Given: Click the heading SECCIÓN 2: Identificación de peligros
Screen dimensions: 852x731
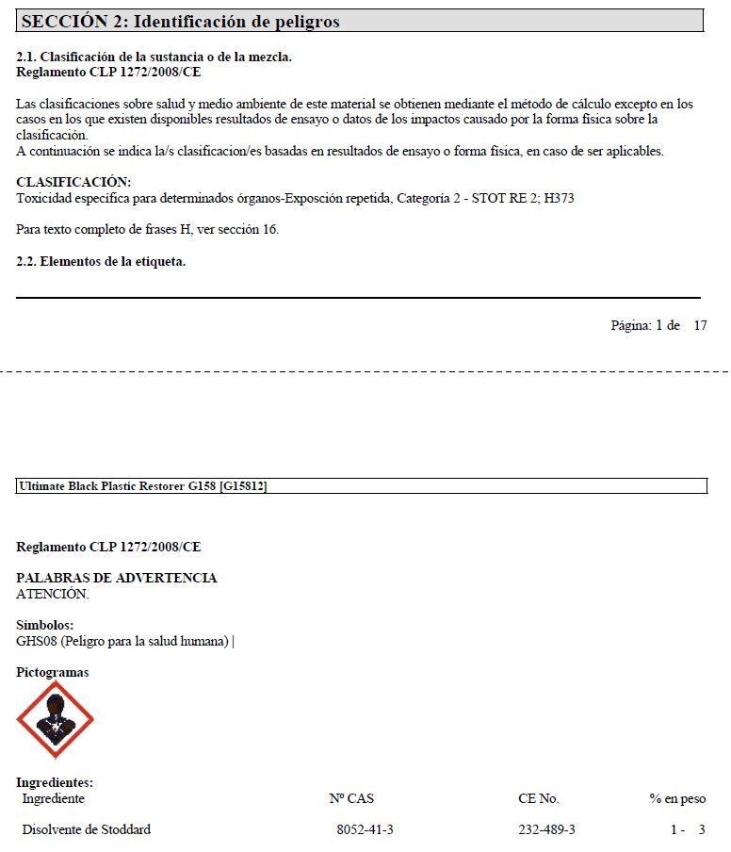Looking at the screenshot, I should click(x=180, y=21).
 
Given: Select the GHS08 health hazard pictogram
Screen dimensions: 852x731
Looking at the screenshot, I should click(x=55, y=720).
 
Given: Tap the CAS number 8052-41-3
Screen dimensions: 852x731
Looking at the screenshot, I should click(x=365, y=829).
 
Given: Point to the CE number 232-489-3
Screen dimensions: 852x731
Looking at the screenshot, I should click(x=546, y=829).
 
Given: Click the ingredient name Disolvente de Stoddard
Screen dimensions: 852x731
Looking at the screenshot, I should click(x=87, y=829).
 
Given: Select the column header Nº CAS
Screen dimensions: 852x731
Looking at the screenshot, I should click(x=351, y=798).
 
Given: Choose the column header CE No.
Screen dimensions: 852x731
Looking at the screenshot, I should click(x=538, y=798).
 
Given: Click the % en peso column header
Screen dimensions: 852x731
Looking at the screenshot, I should click(x=676, y=798).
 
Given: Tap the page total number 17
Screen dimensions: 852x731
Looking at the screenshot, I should click(x=700, y=325).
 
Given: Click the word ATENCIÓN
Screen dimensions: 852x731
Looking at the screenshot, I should click(x=53, y=594).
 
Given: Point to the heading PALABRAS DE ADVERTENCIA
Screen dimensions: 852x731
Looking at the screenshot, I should click(x=117, y=578).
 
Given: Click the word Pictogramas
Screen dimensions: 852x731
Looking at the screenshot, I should click(x=53, y=672).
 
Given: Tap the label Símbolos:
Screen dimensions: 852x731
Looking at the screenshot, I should click(x=45, y=625).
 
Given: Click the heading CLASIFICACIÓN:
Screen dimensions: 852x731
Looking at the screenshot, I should click(x=73, y=182).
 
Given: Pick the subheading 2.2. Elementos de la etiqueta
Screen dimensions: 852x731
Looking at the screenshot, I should click(x=101, y=261).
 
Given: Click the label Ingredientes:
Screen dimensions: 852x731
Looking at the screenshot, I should click(x=55, y=782).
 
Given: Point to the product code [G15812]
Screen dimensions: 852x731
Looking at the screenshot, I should click(x=244, y=486).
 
